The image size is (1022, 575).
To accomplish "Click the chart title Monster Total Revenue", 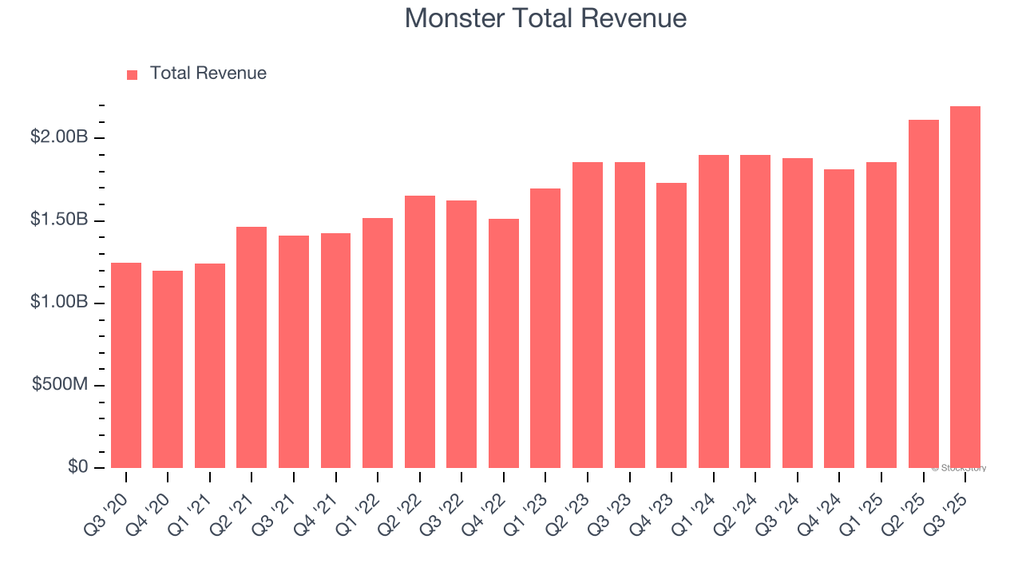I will (x=545, y=18).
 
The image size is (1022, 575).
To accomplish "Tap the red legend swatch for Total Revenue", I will (x=133, y=74).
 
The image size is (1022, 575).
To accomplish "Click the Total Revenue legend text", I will (x=208, y=73).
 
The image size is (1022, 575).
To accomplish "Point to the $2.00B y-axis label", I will (x=59, y=137).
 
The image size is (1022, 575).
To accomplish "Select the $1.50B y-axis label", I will (x=59, y=220).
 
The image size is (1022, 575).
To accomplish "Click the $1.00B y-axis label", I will (x=59, y=303).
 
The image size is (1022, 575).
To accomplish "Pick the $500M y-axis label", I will (x=60, y=385).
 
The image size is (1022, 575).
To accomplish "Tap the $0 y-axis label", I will (x=77, y=467).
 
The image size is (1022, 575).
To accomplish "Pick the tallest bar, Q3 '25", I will (x=965, y=287).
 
